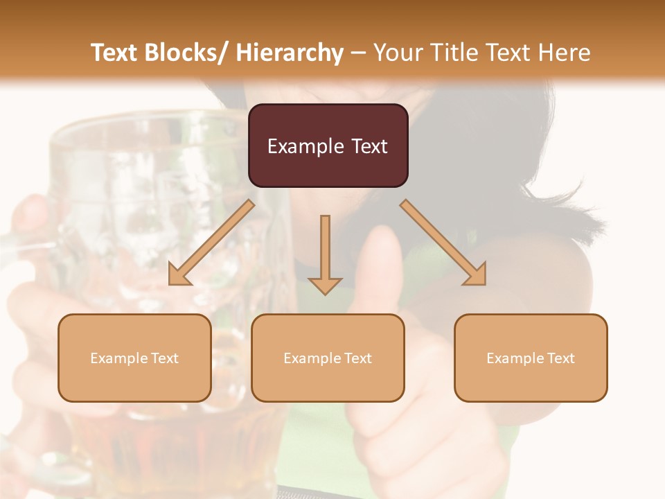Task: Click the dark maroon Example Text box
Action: pos(328,146)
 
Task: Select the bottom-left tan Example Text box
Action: pos(134,358)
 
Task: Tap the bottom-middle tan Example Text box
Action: pos(328,358)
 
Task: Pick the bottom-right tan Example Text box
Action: pos(531,358)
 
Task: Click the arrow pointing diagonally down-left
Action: pos(211,243)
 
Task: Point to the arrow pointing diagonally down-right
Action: pos(443,243)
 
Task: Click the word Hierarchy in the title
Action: pos(290,53)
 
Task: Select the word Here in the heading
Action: pos(565,53)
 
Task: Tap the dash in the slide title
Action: pos(358,53)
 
